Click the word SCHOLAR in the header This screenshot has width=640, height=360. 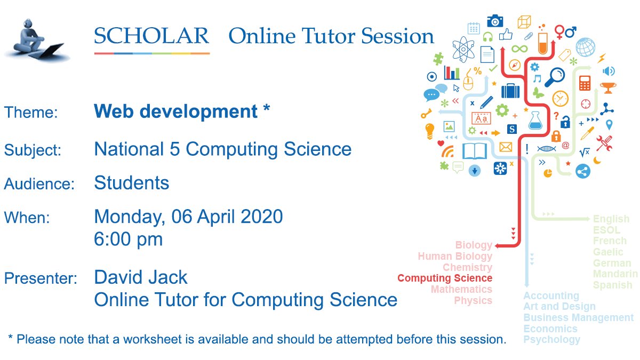pyautogui.click(x=151, y=36)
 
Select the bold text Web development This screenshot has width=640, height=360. pyautogui.click(x=175, y=111)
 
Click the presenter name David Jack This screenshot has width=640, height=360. pyautogui.click(x=141, y=277)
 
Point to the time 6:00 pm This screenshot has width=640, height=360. pyautogui.click(x=128, y=239)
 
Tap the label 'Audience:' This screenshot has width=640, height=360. pyautogui.click(x=39, y=184)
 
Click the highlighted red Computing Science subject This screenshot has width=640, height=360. pyautogui.click(x=445, y=278)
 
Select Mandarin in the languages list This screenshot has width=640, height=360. pyautogui.click(x=615, y=274)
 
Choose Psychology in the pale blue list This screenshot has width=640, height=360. pyautogui.click(x=551, y=340)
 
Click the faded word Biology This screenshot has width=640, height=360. pyautogui.click(x=474, y=245)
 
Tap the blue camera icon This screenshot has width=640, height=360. pyautogui.click(x=495, y=21)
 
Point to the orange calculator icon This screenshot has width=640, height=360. pyautogui.click(x=585, y=83)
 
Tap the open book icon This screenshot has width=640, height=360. pyautogui.click(x=475, y=151)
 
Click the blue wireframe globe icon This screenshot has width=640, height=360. pyautogui.click(x=585, y=47)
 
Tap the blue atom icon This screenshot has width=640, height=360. pyautogui.click(x=462, y=47)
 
